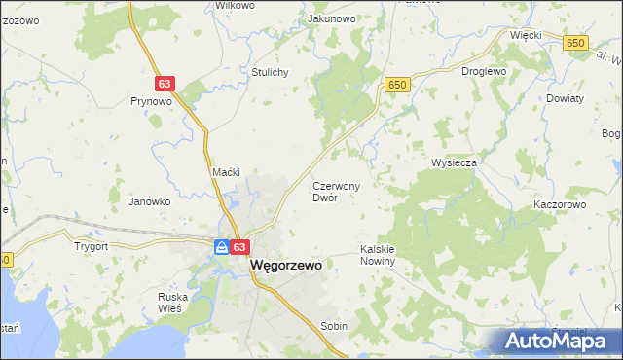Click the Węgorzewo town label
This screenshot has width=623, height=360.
click(286, 264)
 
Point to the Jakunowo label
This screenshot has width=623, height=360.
click(331, 18)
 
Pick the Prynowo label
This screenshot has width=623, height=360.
click(151, 100)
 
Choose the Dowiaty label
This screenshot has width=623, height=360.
click(565, 98)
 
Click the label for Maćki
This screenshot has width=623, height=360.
click(226, 172)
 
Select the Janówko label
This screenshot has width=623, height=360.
click(150, 201)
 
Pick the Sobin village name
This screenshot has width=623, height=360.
click(334, 327)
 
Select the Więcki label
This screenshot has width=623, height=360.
click(526, 34)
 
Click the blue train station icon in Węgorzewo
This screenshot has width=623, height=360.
click(223, 248)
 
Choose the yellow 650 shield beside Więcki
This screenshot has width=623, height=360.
click(576, 43)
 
